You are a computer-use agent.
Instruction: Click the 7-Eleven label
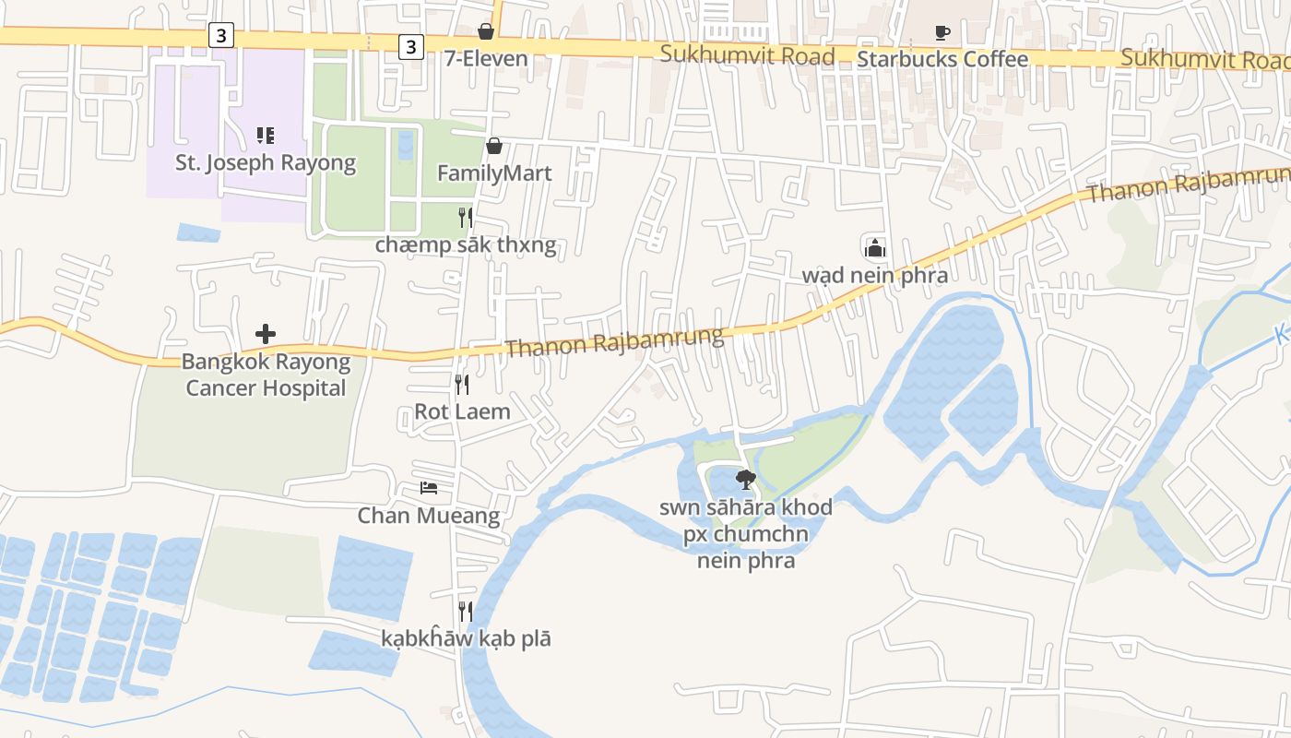[x=486, y=59]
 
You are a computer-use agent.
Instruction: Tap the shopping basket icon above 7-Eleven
[x=486, y=31]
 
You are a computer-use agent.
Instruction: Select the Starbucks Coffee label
[x=942, y=59]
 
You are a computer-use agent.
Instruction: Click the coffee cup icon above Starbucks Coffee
[x=942, y=32]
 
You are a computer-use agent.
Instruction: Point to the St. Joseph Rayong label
[x=266, y=163]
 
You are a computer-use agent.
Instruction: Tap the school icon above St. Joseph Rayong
[x=266, y=137]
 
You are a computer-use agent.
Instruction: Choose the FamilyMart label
[x=494, y=173]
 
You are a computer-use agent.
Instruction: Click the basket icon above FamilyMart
[x=494, y=146]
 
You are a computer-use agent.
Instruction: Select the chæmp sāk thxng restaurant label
[x=466, y=245]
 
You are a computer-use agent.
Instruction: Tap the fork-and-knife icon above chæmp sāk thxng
[x=466, y=218]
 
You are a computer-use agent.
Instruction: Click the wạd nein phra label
[x=874, y=275]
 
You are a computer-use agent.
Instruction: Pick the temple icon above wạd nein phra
[x=874, y=247]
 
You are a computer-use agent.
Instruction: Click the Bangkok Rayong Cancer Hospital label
[x=266, y=375]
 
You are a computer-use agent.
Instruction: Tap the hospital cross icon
[x=266, y=333]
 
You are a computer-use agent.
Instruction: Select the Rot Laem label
[x=462, y=411]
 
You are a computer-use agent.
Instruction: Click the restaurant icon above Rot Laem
[x=462, y=384]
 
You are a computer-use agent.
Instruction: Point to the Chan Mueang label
[x=429, y=515]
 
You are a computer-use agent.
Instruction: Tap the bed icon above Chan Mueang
[x=429, y=487]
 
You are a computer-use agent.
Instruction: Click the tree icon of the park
[x=745, y=479]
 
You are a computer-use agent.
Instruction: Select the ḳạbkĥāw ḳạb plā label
[x=466, y=638]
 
